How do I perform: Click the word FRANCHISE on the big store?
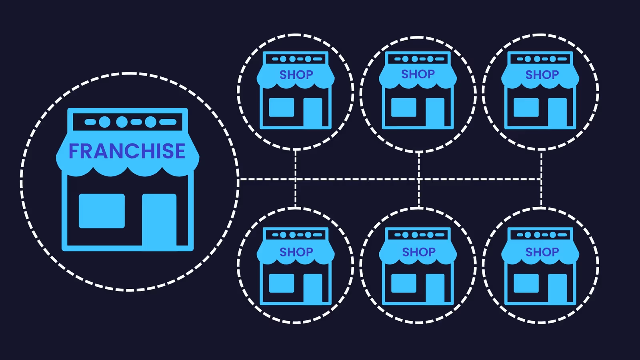tap(127, 151)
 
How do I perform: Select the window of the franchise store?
tap(102, 211)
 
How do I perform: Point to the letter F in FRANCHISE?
tap(74, 151)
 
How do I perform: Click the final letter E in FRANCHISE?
tap(179, 151)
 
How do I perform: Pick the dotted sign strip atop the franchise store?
tap(128, 122)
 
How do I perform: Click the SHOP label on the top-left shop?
tap(296, 75)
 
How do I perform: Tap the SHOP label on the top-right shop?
tap(542, 75)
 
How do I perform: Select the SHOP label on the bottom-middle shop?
tap(418, 252)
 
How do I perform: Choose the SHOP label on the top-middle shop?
tap(418, 74)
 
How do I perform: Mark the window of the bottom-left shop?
tap(282, 283)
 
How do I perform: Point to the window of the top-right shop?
tap(526, 107)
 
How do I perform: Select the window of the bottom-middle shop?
tap(404, 283)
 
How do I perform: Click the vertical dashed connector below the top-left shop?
tap(296, 164)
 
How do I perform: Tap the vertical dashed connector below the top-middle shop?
tap(419, 165)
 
